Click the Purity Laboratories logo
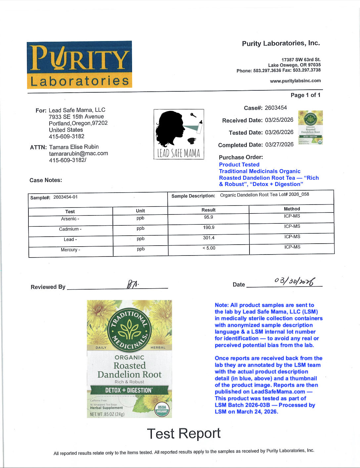click(x=79, y=65)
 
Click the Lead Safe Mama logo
click(x=179, y=134)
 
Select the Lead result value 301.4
click(x=209, y=238)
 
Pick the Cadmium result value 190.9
click(x=209, y=228)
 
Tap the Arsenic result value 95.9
click(x=209, y=217)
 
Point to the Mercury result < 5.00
click(x=209, y=248)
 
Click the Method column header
click(x=292, y=209)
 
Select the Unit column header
click(x=140, y=211)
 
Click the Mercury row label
click(x=70, y=250)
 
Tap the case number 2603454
click(x=276, y=108)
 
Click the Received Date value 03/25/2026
click(x=279, y=120)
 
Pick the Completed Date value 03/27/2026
click(x=279, y=145)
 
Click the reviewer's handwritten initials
click(x=133, y=284)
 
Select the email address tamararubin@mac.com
click(x=78, y=154)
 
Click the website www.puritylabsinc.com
click(x=295, y=81)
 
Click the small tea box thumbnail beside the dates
click(x=310, y=127)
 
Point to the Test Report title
click(x=184, y=434)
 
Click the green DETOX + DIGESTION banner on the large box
click(x=129, y=390)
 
